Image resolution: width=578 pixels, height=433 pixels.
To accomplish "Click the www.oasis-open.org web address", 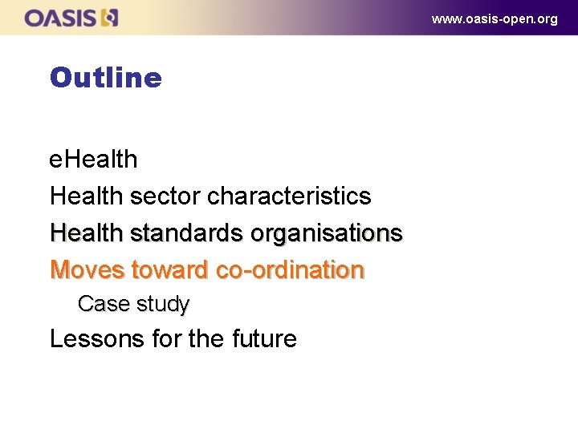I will [495, 18].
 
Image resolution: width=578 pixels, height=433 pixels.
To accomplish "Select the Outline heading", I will [105, 78].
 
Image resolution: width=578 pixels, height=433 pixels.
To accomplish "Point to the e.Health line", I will [93, 159].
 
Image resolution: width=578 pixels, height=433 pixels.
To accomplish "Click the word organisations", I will [327, 233].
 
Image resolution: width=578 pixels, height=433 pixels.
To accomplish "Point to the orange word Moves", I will [87, 270].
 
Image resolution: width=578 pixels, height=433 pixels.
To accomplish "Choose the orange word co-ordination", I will [290, 270].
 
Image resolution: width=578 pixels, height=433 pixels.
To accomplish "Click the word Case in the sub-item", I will [102, 305].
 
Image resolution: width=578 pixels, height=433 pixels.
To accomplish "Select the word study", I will [163, 305].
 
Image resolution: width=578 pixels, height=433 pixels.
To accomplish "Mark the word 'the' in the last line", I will [205, 339].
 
